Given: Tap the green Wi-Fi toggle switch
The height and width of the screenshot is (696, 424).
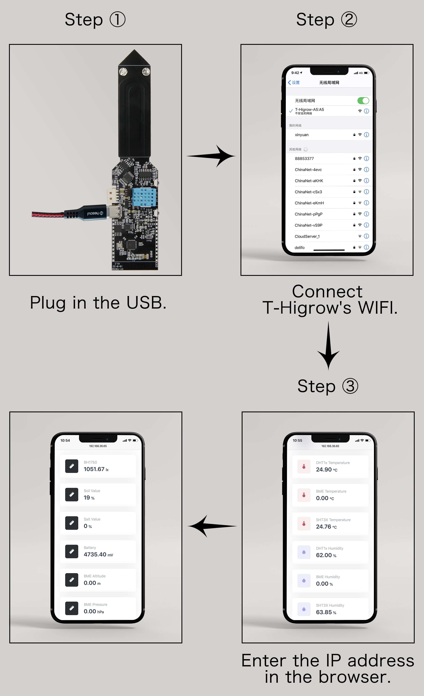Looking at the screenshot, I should [363, 100].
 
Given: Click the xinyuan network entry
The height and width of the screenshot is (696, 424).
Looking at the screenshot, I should [302, 135].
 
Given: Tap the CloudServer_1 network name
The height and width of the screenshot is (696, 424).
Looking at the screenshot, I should [307, 236].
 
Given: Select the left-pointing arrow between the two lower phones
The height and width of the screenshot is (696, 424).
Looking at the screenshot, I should [212, 526].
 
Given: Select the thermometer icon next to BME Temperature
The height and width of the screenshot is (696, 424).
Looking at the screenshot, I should [304, 495].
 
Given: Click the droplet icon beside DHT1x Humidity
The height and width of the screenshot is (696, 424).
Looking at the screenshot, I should [304, 552].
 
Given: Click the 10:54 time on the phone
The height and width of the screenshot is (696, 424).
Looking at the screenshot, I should [65, 440].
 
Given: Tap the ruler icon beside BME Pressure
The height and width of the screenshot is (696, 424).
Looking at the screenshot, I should [72, 608].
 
